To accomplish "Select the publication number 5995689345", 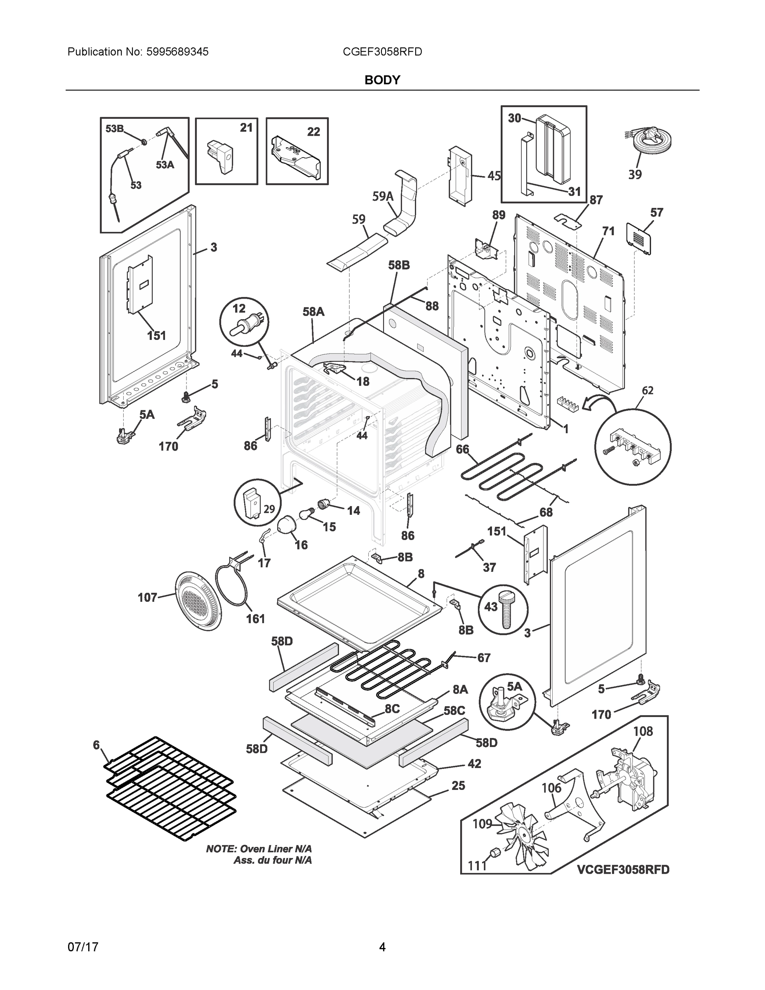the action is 178,52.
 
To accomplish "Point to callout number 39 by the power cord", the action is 635,174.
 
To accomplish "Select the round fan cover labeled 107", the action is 198,600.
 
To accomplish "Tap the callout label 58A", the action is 313,311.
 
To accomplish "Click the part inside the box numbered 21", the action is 220,156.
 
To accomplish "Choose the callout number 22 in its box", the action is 313,132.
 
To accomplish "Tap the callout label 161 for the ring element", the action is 255,619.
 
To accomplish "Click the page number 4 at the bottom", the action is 382,947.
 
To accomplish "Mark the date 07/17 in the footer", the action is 83,947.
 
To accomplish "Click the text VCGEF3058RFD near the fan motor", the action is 623,870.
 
